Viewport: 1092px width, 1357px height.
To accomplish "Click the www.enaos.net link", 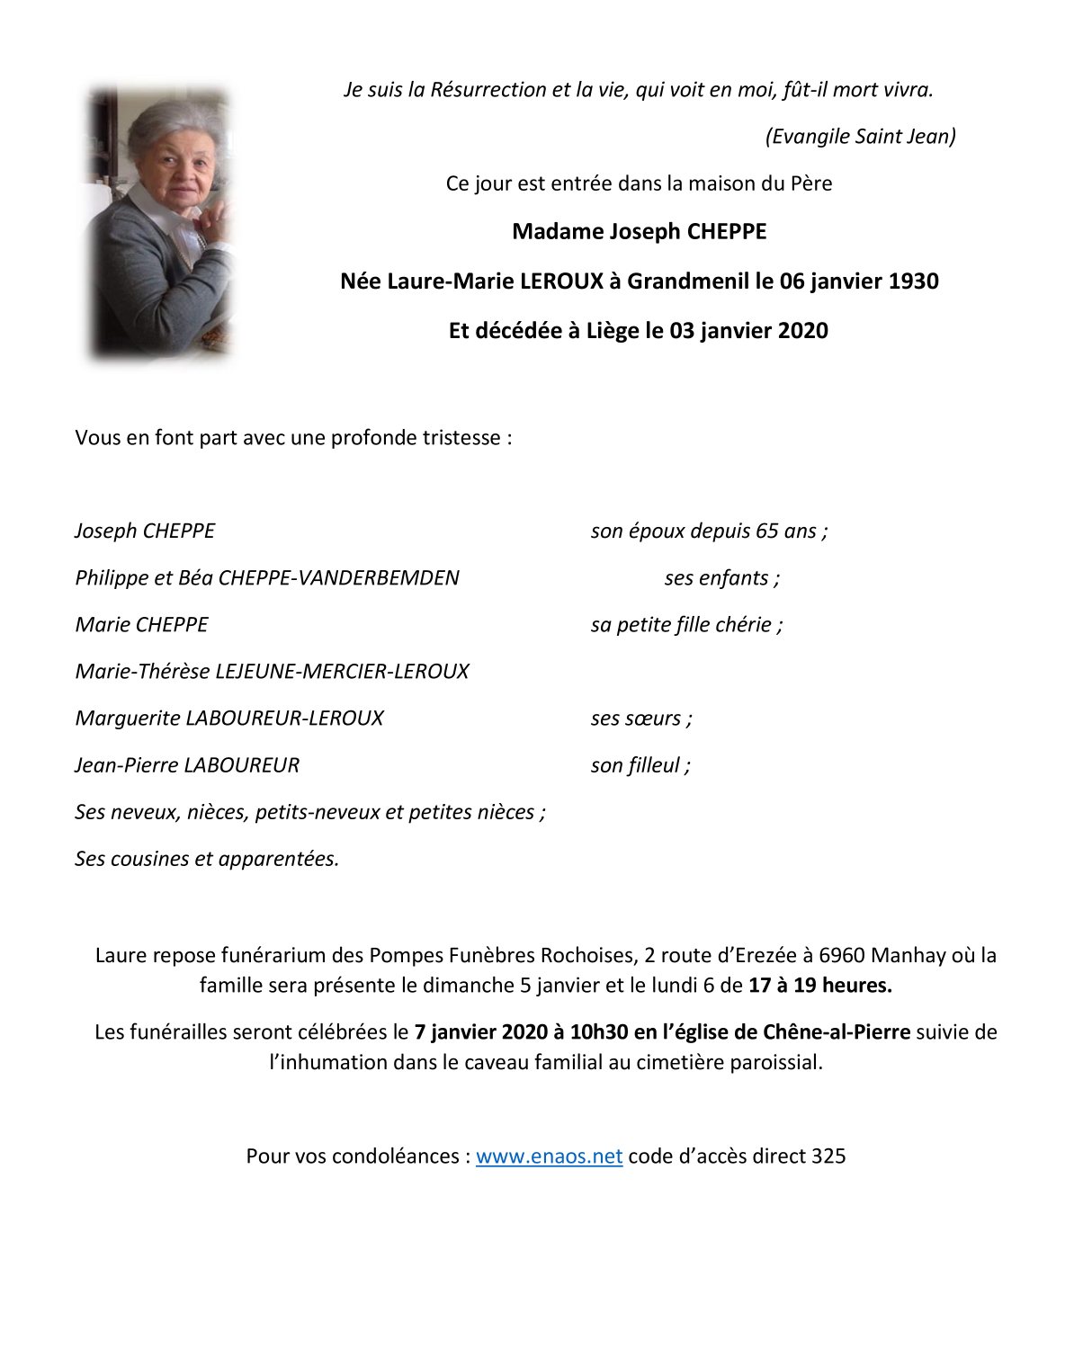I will pyautogui.click(x=549, y=1156).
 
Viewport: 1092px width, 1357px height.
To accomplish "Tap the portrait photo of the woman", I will pyautogui.click(x=159, y=223).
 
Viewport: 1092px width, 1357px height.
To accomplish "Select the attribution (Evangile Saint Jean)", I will pyautogui.click(x=860, y=137).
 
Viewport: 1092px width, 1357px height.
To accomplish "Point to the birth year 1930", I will pyautogui.click(x=913, y=281).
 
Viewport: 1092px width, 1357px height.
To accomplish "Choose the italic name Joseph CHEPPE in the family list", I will pyautogui.click(x=145, y=531).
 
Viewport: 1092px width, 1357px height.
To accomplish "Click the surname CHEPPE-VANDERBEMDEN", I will pyautogui.click(x=338, y=578).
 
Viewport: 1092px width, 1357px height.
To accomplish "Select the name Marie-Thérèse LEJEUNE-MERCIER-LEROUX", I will pyautogui.click(x=272, y=672).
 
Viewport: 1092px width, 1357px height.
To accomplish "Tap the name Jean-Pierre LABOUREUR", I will pyautogui.click(x=187, y=765).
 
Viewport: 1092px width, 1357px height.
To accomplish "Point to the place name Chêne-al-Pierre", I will pyautogui.click(x=837, y=1032).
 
